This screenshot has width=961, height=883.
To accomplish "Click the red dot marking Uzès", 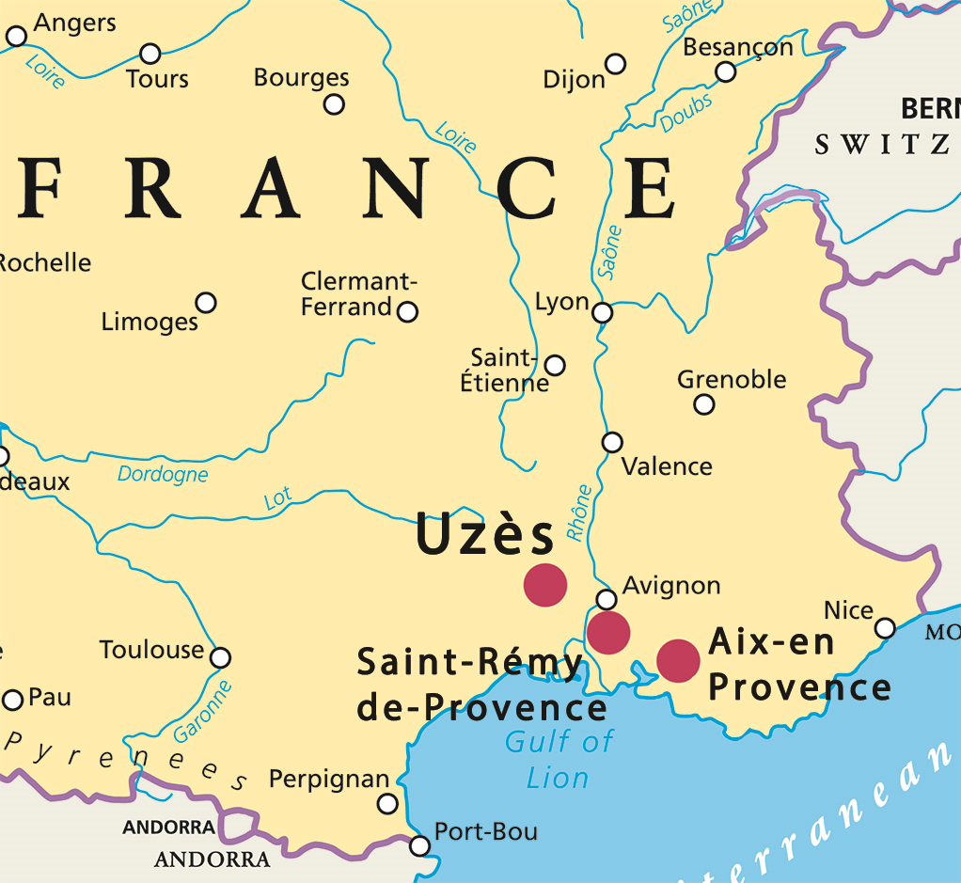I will [545, 585].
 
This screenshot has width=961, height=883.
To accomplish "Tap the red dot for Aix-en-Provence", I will [678, 660].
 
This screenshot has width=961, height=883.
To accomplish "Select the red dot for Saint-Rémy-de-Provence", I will [608, 632].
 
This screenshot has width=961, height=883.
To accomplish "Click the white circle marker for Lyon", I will [603, 312].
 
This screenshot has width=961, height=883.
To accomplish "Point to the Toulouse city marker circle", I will [220, 657].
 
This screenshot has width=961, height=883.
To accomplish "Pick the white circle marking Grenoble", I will [703, 404].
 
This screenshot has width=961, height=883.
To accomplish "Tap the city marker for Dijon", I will [615, 64].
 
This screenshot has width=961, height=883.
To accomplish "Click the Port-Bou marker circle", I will [420, 845].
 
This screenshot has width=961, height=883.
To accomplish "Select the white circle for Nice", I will [885, 628].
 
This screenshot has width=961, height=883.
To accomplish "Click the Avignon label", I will [671, 586].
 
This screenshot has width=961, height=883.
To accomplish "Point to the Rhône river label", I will [579, 512].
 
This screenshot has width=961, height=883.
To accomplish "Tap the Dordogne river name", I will [163, 475].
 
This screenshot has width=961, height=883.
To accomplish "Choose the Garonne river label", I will [203, 712].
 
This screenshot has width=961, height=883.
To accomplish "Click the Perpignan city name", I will [329, 780].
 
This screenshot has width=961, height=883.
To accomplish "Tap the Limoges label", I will [150, 322].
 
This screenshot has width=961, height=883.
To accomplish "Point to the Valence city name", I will [668, 466].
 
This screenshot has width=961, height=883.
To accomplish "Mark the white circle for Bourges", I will [334, 104].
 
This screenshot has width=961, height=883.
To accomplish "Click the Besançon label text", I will [738, 47].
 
